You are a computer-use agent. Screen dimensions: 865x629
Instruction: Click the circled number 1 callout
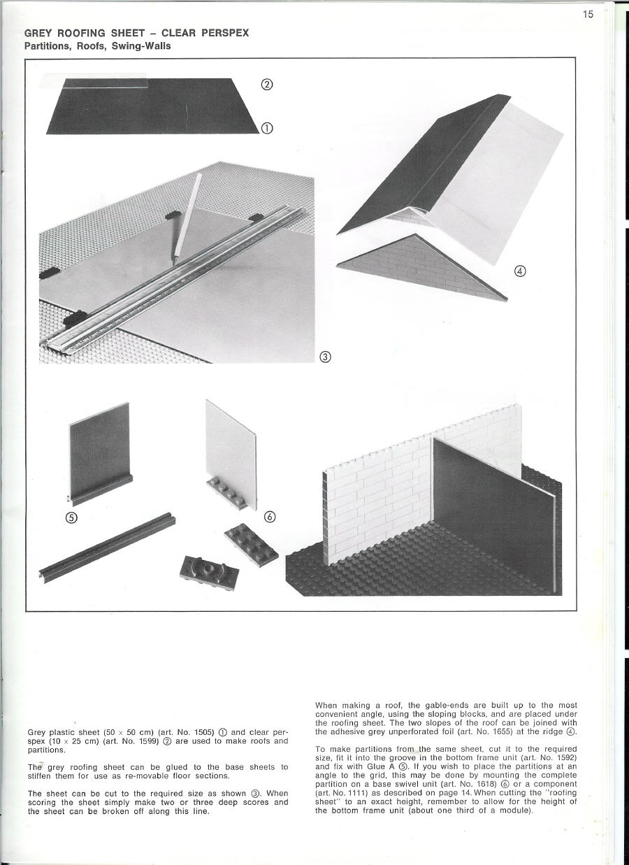[266, 128]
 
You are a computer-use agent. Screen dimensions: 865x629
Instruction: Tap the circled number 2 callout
[266, 85]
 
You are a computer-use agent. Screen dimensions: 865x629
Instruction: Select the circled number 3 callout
[324, 357]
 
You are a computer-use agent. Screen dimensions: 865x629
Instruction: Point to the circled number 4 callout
[519, 271]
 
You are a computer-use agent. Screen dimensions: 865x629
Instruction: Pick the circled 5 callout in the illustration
[71, 517]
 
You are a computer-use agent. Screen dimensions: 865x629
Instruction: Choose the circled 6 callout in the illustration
[270, 517]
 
